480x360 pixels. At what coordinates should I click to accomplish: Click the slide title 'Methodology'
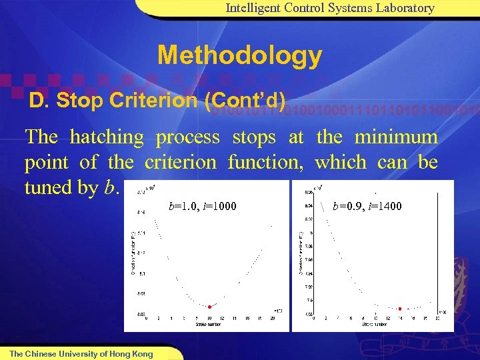[x=239, y=55]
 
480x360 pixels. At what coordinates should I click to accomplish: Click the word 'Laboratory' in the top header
[x=404, y=8]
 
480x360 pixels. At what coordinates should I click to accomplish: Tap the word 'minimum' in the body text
[x=396, y=137]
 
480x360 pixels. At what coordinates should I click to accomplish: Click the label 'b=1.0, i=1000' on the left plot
[x=203, y=206]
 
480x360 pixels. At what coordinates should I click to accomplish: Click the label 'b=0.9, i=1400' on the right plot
[x=367, y=206]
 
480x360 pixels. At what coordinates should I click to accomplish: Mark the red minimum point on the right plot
[x=399, y=309]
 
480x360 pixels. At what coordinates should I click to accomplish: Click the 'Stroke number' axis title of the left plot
[x=209, y=325]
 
